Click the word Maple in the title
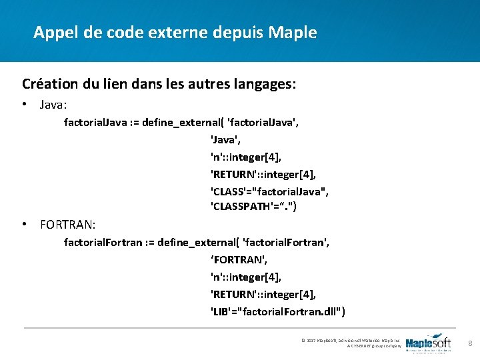(293, 32)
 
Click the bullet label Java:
(53, 105)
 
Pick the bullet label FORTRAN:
(67, 225)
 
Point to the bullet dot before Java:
(25, 105)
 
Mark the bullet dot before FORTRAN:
(25, 225)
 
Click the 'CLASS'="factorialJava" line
(269, 191)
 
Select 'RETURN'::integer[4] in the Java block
(263, 174)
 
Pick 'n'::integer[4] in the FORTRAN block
(246, 277)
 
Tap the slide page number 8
(470, 344)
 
